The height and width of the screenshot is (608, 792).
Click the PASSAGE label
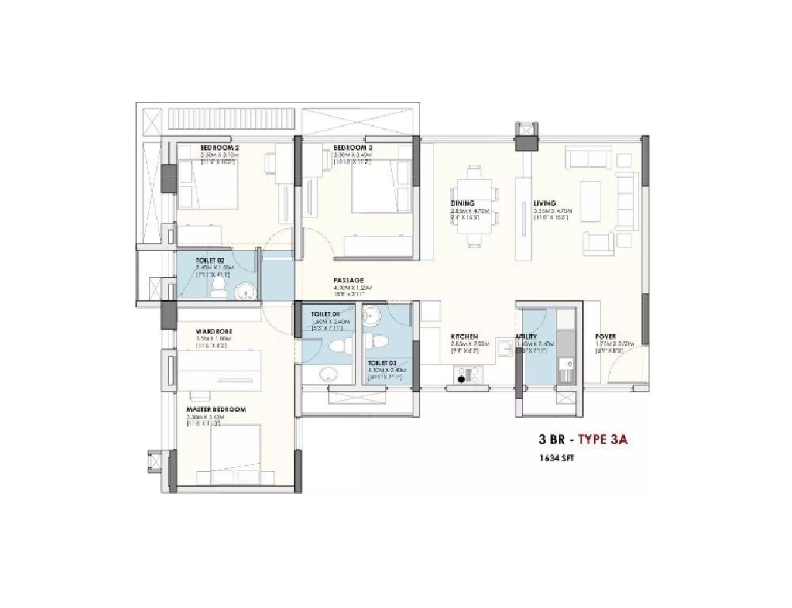tap(348, 280)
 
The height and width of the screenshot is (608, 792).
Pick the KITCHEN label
tap(463, 336)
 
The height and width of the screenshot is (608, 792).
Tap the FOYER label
tap(606, 336)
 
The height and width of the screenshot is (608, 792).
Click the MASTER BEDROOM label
tap(216, 409)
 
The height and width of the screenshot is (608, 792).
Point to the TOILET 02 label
tap(210, 260)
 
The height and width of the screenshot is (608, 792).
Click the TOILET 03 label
tap(382, 363)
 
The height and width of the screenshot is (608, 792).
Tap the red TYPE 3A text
tap(603, 441)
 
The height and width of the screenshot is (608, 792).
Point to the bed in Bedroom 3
tap(376, 186)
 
